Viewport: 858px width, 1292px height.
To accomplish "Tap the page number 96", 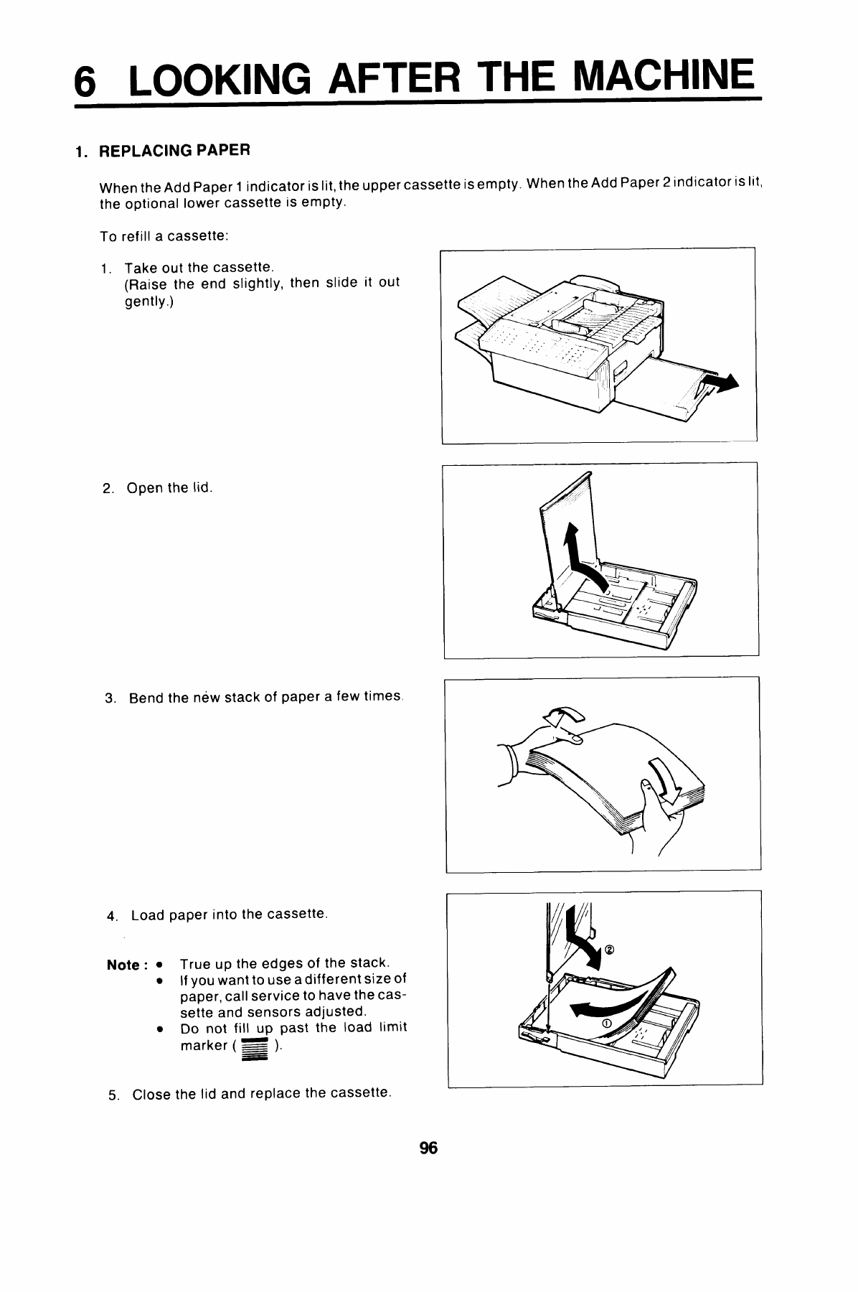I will (x=428, y=1148).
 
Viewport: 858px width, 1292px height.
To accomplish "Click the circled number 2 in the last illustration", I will (x=610, y=950).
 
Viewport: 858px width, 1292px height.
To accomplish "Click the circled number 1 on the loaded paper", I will (x=606, y=1022).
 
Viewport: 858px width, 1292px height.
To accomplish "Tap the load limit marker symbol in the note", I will (x=255, y=1049).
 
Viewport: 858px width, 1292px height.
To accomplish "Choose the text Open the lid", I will (x=169, y=489).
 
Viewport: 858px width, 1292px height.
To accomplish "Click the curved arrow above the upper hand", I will (x=565, y=716).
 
